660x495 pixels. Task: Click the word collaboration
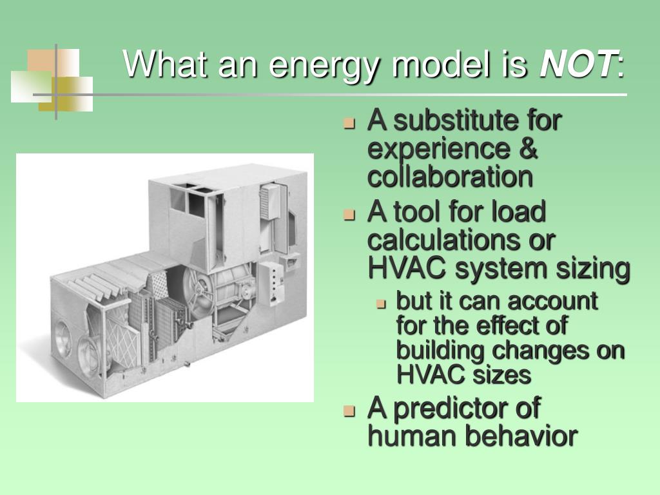click(450, 177)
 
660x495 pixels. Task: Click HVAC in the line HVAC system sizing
click(402, 269)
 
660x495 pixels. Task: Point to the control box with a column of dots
click(276, 284)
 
